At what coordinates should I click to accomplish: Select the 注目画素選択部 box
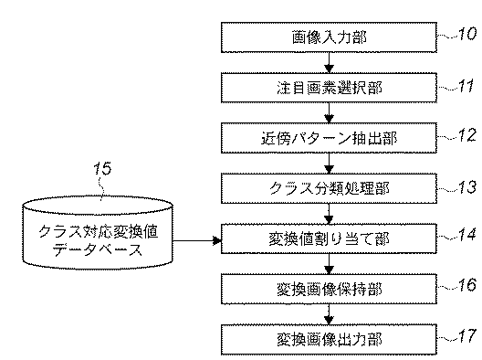click(329, 89)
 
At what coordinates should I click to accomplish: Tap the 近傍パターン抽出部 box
click(329, 139)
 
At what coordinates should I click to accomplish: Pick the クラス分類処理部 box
click(329, 189)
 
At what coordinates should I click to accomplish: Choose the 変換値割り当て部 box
click(329, 239)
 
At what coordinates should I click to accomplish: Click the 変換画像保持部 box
click(329, 289)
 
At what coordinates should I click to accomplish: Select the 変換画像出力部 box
click(329, 339)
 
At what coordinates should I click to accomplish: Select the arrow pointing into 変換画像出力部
click(329, 314)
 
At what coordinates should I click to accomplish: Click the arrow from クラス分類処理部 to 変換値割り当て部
click(329, 215)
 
